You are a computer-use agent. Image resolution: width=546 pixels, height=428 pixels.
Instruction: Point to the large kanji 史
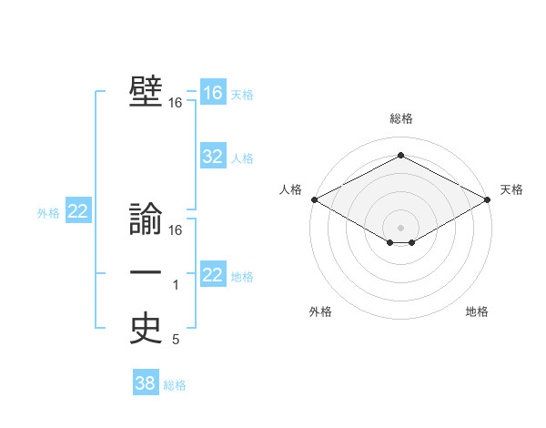[146, 330]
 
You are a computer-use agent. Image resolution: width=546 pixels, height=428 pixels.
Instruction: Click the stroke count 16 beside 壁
[176, 104]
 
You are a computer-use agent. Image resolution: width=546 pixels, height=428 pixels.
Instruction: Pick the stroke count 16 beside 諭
[176, 230]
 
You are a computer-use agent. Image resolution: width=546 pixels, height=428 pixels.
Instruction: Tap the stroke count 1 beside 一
[176, 286]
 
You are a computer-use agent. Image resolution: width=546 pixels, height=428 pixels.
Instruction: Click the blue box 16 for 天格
[213, 93]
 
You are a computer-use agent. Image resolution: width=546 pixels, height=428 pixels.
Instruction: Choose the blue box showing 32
[213, 157]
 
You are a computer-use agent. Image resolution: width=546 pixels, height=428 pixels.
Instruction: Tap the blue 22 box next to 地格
[213, 275]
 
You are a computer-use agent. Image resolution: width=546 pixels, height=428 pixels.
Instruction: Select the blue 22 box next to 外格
[78, 212]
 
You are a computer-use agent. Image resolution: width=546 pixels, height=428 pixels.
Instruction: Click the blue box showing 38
[146, 383]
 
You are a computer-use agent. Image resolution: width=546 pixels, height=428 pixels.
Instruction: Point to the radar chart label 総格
[401, 118]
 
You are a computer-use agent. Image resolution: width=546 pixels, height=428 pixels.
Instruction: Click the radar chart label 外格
[320, 311]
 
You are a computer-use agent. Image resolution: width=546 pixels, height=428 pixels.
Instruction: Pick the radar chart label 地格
[477, 311]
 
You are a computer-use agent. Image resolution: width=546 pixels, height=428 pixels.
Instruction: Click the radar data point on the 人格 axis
[314, 199]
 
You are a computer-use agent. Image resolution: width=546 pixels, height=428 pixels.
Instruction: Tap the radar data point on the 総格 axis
[401, 156]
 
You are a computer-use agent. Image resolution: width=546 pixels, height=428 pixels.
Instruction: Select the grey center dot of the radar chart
[401, 227]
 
